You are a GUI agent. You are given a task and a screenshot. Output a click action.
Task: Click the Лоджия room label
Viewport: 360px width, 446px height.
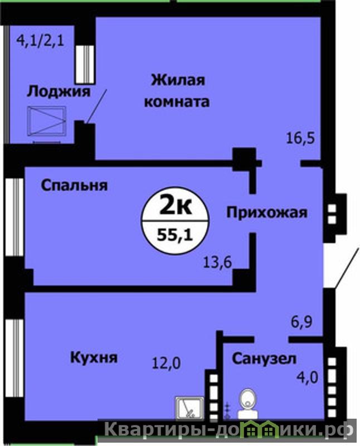[x=59, y=92]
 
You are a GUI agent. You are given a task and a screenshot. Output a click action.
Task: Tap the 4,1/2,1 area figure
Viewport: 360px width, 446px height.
[x=40, y=40]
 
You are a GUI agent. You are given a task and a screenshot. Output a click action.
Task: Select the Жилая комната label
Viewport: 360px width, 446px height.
[x=177, y=91]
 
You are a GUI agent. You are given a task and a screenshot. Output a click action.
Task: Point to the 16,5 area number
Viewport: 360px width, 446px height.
[x=300, y=138]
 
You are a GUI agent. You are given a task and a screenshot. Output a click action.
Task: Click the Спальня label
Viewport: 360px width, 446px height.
[x=75, y=186]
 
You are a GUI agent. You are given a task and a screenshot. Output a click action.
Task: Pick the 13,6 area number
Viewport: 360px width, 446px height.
[x=217, y=262]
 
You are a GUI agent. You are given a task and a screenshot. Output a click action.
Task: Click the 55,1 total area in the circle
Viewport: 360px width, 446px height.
[x=175, y=235]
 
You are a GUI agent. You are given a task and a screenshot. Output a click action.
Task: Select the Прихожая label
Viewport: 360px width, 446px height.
[x=267, y=212]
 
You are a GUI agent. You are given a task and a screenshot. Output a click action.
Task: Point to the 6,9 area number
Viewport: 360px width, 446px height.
[x=301, y=322]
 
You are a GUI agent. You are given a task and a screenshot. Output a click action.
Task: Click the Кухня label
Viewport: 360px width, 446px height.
[x=94, y=357]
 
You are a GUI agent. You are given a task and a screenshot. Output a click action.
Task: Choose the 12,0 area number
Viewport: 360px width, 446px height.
[x=167, y=363]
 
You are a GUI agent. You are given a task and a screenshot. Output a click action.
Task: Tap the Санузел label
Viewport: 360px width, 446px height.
[x=264, y=359]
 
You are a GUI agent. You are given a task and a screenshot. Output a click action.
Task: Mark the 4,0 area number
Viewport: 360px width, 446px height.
[x=307, y=378]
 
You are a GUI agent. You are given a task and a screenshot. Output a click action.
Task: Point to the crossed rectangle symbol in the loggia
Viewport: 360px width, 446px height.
[x=46, y=121]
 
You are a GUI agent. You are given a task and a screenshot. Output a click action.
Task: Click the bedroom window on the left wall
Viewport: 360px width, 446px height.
[x=14, y=217]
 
